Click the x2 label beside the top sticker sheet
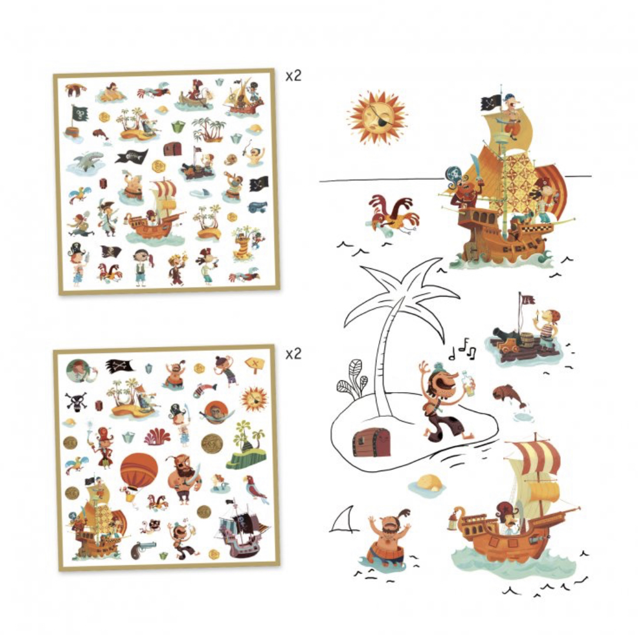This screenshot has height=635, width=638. click(x=293, y=75)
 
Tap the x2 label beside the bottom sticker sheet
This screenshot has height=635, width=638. click(x=293, y=354)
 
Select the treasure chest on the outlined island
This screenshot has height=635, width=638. click(x=371, y=443)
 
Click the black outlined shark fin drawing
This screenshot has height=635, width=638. click(x=344, y=519)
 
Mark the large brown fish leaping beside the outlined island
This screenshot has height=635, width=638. click(x=510, y=396)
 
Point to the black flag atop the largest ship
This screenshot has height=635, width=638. click(x=491, y=103)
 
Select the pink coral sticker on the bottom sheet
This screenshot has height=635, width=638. click(x=157, y=436)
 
